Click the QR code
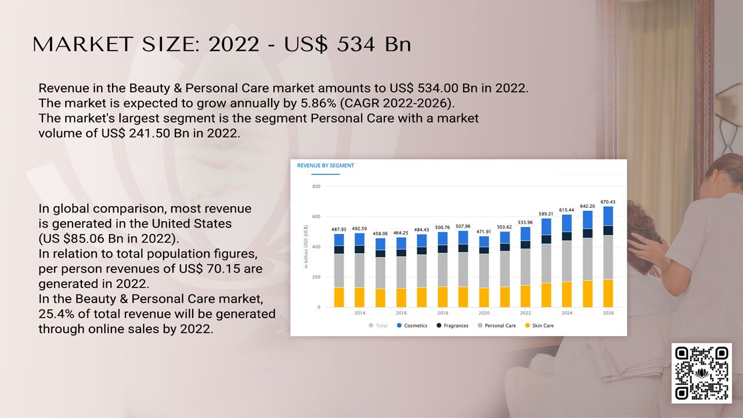pyautogui.click(x=702, y=373)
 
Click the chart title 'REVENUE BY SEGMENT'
pyautogui.click(x=326, y=165)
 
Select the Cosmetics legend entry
pyautogui.click(x=412, y=326)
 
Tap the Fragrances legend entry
pyautogui.click(x=452, y=326)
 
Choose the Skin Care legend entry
pyautogui.click(x=539, y=326)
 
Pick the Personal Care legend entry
pyautogui.click(x=496, y=326)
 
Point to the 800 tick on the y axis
pyautogui.click(x=316, y=186)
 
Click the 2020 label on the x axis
pyautogui.click(x=484, y=313)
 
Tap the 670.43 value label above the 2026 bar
pyautogui.click(x=608, y=201)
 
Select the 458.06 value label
pyautogui.click(x=380, y=233)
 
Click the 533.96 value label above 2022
pyautogui.click(x=525, y=222)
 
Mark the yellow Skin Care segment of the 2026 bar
pyautogui.click(x=608, y=293)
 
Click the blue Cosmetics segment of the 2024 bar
pyautogui.click(x=567, y=224)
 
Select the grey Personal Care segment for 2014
pyautogui.click(x=359, y=271)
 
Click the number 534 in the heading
pyautogui.click(x=356, y=44)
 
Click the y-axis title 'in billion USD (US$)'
pyautogui.click(x=305, y=247)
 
